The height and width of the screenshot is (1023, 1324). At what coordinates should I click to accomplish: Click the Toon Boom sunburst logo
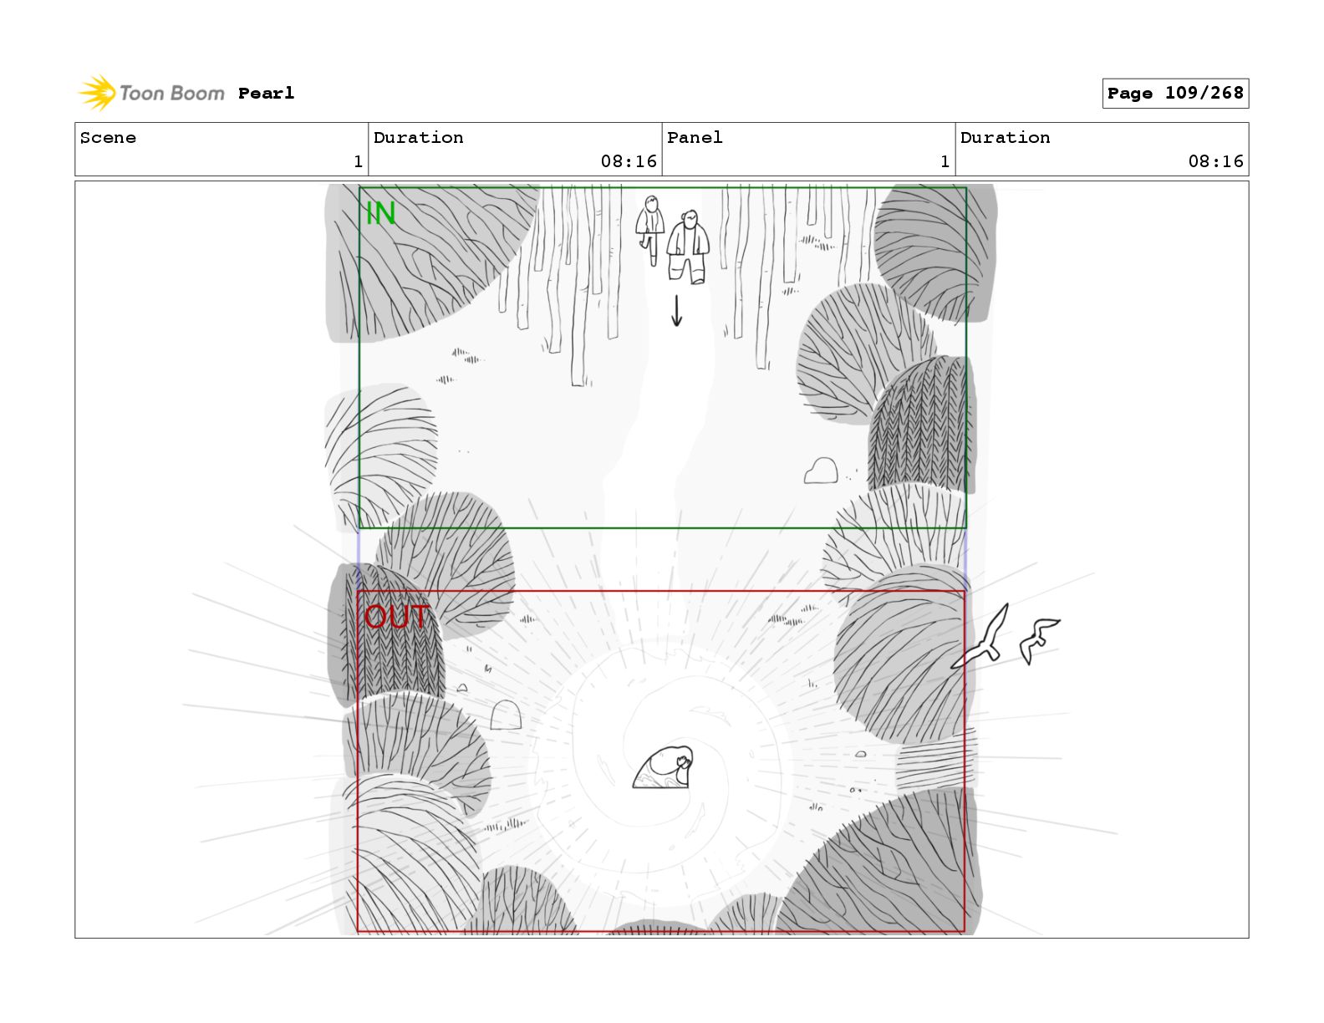tap(97, 94)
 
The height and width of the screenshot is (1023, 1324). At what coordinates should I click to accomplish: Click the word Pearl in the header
tap(267, 94)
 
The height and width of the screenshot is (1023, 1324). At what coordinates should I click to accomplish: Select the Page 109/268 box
tap(1174, 94)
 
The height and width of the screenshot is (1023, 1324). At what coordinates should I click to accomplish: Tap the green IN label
tap(381, 213)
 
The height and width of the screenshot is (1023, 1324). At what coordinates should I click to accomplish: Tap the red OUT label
tap(397, 617)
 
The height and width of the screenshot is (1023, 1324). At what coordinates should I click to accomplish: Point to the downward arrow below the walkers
tap(676, 311)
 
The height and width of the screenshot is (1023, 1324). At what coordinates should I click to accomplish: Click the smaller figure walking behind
tap(650, 230)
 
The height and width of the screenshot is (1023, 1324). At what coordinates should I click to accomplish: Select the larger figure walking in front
tap(689, 247)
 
